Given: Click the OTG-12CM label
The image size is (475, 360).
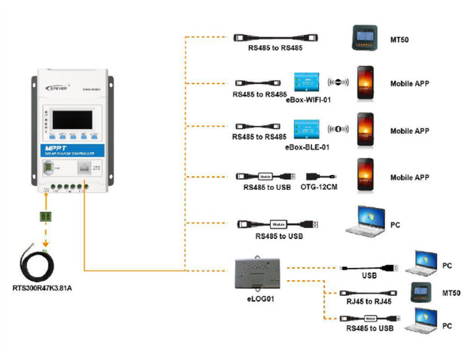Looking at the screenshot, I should click(x=320, y=188).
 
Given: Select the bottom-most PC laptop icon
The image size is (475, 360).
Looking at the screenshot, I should click(x=421, y=320).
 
